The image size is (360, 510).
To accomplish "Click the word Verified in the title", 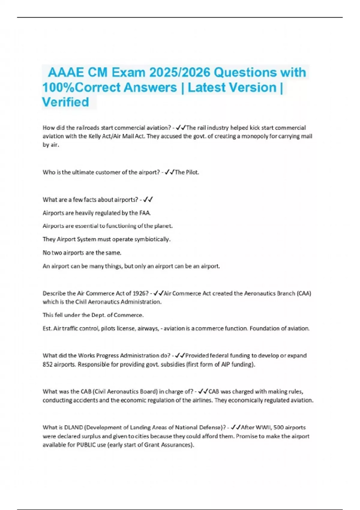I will click(65, 102).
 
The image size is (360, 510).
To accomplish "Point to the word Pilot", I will click(192, 172).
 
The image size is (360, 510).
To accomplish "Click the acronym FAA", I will click(145, 213).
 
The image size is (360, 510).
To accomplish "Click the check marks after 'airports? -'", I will click(148, 199).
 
